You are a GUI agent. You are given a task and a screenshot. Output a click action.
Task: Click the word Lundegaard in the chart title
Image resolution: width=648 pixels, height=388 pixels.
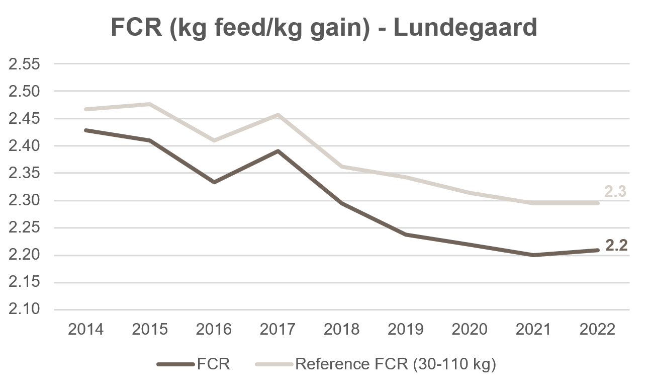(x=465, y=28)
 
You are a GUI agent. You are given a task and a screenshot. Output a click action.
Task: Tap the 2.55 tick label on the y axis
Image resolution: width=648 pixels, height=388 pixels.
(x=24, y=64)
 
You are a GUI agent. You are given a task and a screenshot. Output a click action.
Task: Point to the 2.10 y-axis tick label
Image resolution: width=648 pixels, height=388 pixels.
(x=24, y=309)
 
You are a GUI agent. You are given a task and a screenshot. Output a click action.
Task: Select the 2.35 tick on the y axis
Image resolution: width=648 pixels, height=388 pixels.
(x=24, y=173)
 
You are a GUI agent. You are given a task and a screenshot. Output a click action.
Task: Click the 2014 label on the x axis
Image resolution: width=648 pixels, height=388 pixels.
(x=85, y=329)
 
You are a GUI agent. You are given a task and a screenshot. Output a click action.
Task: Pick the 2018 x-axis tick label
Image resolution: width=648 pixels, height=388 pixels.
(x=341, y=329)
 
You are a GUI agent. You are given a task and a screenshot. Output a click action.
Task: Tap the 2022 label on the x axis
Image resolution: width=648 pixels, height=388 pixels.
(x=597, y=329)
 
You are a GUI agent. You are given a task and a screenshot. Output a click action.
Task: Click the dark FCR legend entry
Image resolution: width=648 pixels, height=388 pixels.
(x=194, y=364)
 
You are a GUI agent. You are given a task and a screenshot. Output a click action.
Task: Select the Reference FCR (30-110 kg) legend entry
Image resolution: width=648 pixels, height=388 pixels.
(x=376, y=364)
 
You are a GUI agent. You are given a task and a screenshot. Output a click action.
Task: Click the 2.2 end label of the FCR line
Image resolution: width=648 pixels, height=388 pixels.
(x=616, y=246)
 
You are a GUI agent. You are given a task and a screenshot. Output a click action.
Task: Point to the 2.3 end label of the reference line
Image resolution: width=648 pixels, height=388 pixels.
(x=615, y=191)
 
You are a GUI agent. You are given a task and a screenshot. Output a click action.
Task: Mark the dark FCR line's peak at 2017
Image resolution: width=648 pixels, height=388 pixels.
(x=277, y=151)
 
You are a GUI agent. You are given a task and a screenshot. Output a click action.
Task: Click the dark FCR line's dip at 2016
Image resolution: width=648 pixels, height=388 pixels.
(x=214, y=182)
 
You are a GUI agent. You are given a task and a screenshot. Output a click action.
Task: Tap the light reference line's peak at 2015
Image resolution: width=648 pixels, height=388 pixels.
(x=150, y=104)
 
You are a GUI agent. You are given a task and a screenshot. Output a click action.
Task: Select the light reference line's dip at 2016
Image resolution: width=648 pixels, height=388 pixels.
(x=214, y=140)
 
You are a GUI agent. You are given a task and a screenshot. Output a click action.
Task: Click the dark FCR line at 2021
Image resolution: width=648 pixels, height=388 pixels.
(x=533, y=255)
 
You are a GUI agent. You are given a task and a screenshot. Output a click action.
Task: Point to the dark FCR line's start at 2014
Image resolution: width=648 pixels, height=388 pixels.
(x=86, y=130)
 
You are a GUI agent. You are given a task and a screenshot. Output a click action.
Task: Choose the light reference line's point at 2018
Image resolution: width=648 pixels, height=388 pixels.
(x=342, y=167)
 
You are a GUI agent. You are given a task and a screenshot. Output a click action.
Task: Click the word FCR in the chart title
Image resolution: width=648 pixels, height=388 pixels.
(x=136, y=28)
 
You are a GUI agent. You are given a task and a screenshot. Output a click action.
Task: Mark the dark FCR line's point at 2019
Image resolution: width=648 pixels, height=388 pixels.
(x=406, y=235)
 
